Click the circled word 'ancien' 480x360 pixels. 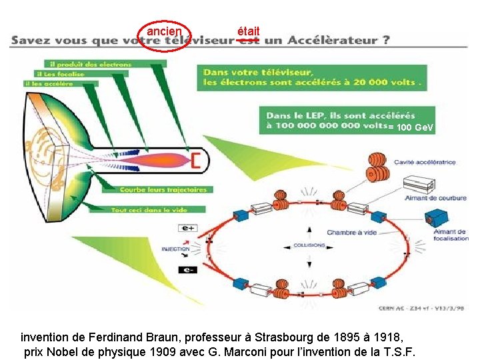164,32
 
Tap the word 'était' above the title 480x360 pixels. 249,31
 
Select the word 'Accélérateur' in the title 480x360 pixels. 337,41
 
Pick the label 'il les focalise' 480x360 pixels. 61,74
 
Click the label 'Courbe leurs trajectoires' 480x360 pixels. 163,190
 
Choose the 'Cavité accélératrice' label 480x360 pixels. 425,162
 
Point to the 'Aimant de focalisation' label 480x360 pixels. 451,235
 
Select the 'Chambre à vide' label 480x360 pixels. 352,233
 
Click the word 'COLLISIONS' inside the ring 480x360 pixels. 309,245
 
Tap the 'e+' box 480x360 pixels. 187,228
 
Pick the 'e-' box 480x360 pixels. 187,270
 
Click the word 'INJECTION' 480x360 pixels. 175,249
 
